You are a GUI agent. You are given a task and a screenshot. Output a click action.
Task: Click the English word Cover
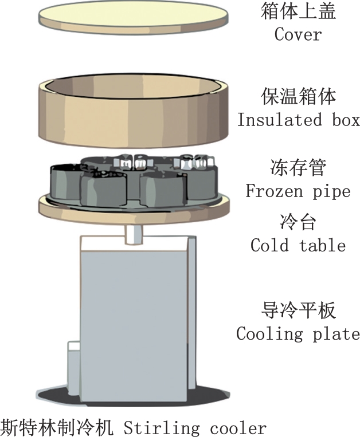[298, 34]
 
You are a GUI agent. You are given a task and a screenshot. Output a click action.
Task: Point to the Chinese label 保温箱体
[298, 96]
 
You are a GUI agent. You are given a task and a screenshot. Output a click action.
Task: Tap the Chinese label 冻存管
[298, 168]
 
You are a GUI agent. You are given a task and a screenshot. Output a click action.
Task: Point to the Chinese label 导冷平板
[298, 311]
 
